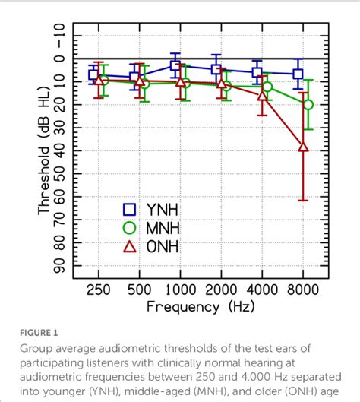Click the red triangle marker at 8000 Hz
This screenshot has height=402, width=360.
click(x=303, y=147)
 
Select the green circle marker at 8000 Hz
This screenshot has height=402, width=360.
click(x=308, y=104)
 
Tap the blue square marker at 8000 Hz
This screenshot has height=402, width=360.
click(x=298, y=74)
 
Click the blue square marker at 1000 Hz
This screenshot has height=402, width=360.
click(x=175, y=66)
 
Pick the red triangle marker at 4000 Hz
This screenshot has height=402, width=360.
click(x=263, y=97)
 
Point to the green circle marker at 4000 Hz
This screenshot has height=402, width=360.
click(x=267, y=87)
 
